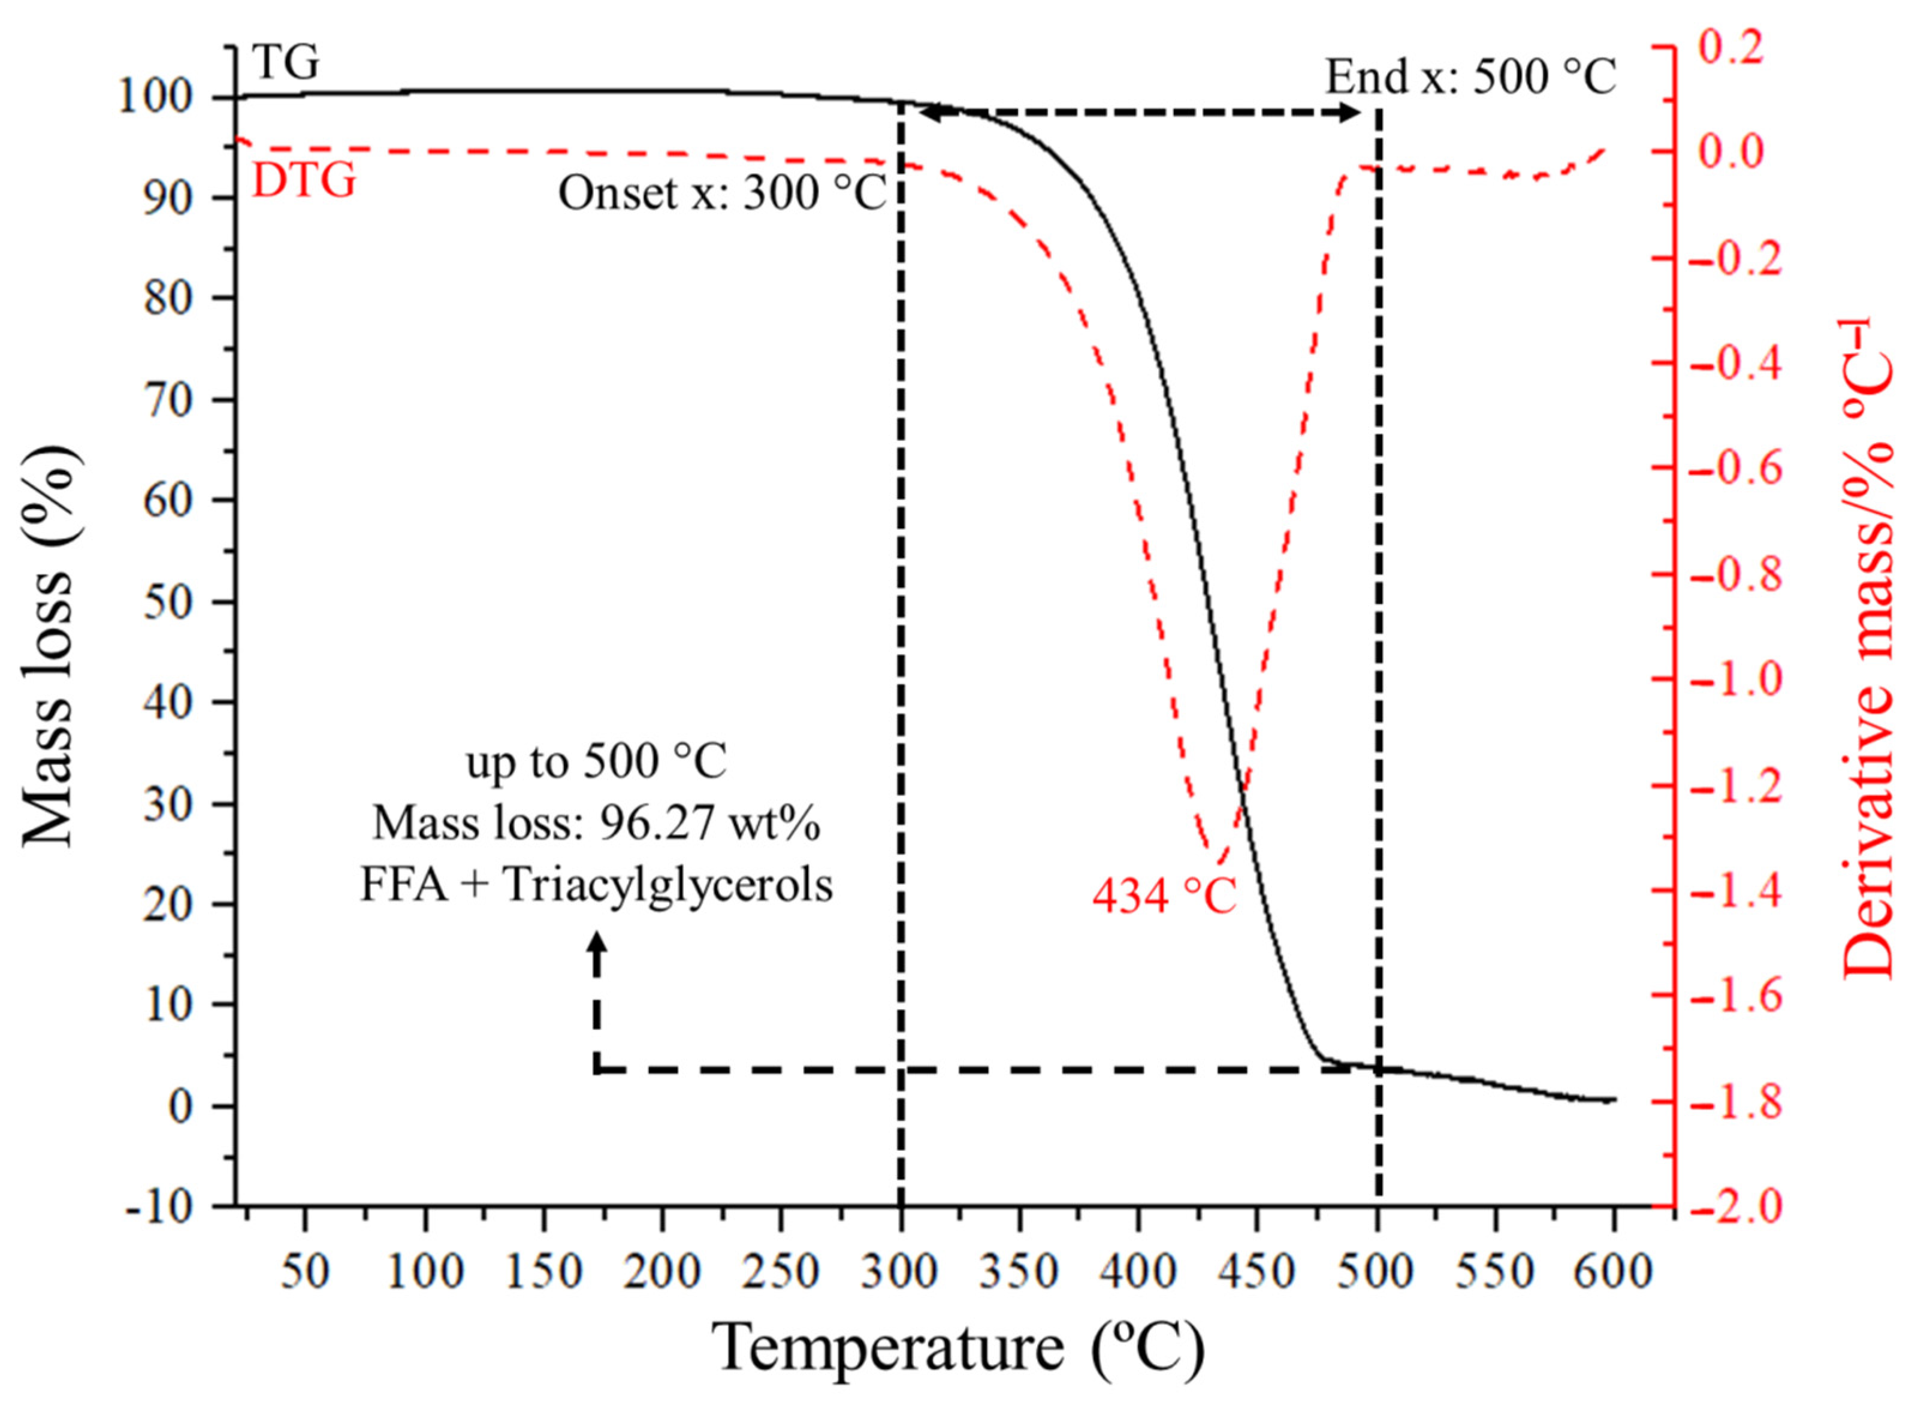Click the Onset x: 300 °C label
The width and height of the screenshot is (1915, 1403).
(x=722, y=193)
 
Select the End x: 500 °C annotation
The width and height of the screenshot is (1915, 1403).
(x=1470, y=77)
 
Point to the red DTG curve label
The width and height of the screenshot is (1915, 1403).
(x=304, y=181)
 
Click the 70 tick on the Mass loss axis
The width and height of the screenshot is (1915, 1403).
(x=167, y=399)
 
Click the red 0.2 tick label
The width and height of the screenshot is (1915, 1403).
(x=1730, y=47)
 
